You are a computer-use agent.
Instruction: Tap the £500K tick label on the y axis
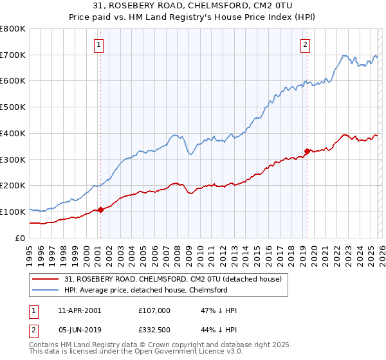[x=12, y=107]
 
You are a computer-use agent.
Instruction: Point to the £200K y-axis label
[x=12, y=186]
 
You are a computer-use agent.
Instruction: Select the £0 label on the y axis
[x=19, y=238]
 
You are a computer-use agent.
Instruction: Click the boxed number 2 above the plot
[x=304, y=45]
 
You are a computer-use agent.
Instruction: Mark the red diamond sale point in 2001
[x=100, y=210]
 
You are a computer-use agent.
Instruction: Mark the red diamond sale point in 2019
[x=307, y=151]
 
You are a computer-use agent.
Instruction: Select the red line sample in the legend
[x=46, y=280]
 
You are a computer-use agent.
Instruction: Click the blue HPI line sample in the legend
[x=46, y=290]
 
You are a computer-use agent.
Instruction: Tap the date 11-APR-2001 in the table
[x=79, y=310]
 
